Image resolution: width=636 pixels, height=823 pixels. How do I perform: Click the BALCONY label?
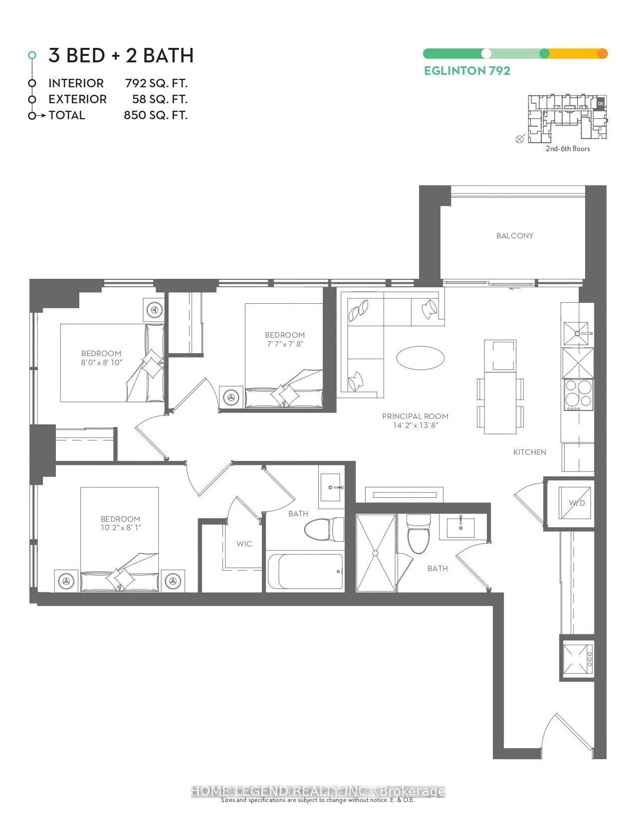click(x=515, y=236)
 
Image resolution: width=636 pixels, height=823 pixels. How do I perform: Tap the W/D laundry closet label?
click(x=577, y=503)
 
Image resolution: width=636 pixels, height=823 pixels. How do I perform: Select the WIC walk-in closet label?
click(x=244, y=544)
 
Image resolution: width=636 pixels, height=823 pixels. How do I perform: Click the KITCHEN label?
click(x=530, y=452)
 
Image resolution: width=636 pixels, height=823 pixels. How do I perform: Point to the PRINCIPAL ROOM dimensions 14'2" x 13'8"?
click(x=415, y=425)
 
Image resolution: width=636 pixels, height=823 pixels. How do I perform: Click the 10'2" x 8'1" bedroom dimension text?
click(x=120, y=527)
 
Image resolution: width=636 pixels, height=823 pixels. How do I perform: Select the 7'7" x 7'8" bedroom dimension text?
click(x=284, y=344)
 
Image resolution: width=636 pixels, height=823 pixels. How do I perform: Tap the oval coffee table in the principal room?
click(x=420, y=358)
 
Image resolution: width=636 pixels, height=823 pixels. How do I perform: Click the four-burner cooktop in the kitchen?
click(x=578, y=394)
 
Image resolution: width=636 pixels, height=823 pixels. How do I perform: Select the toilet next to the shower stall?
click(x=418, y=535)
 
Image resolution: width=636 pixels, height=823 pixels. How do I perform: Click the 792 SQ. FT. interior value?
click(x=156, y=83)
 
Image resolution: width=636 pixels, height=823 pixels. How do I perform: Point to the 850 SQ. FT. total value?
click(x=156, y=115)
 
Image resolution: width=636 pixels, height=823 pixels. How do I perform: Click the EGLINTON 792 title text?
click(x=467, y=71)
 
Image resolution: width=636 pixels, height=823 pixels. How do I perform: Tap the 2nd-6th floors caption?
click(x=567, y=149)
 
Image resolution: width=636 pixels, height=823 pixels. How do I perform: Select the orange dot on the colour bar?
click(x=602, y=54)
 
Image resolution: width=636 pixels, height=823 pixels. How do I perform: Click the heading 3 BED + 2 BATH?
click(x=121, y=55)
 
